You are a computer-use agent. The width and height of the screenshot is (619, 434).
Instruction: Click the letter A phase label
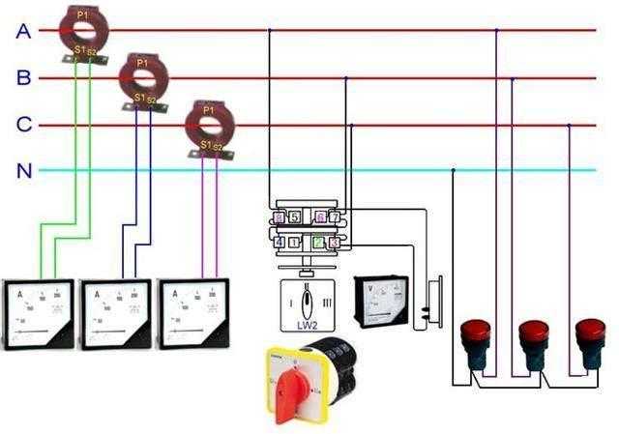[23, 31]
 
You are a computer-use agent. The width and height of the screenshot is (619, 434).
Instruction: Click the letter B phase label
[23, 78]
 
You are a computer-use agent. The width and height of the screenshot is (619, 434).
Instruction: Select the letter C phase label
[23, 125]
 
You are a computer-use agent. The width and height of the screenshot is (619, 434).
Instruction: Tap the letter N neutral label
[23, 172]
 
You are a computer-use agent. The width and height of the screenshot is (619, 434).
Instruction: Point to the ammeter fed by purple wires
[194, 315]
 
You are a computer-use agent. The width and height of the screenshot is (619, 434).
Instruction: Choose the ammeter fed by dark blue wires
[116, 315]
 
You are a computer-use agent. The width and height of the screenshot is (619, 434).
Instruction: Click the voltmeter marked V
[388, 304]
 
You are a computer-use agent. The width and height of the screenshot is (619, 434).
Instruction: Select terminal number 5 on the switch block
[294, 218]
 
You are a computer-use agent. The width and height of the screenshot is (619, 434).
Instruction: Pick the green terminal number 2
[318, 241]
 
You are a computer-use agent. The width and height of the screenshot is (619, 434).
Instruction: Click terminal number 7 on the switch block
[335, 218]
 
